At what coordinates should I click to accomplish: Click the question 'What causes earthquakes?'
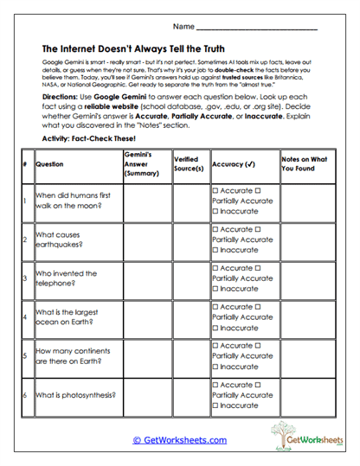[x=61, y=239]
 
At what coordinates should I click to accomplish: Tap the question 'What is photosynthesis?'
[x=75, y=394]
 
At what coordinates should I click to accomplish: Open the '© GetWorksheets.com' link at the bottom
[x=179, y=439]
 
